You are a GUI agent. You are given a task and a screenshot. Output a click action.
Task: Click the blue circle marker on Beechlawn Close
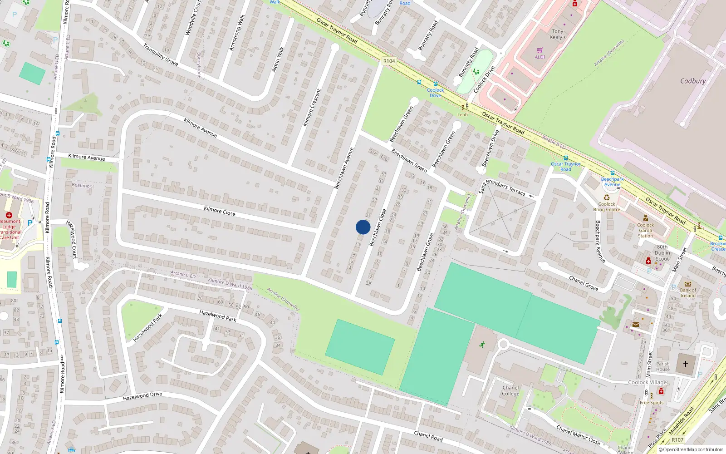point(363,227)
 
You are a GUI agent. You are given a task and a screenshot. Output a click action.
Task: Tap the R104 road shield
point(389,61)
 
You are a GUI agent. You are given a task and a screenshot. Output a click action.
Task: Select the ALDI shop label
point(540,57)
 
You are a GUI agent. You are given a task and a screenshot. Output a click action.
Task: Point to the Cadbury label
point(692,81)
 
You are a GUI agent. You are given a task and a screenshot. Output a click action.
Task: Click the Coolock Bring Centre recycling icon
point(607,197)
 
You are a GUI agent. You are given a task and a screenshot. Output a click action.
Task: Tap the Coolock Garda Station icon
point(646,218)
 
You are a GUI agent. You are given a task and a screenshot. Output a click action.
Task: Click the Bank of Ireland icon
point(687,284)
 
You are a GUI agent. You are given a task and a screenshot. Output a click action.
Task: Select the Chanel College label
point(510,390)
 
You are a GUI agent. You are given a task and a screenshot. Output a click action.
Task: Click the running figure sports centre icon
point(482,344)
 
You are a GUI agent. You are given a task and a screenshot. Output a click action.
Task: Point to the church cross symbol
point(685,364)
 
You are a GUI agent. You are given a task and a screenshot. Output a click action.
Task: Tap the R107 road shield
point(677,439)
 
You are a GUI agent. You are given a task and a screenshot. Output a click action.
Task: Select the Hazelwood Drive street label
point(142,396)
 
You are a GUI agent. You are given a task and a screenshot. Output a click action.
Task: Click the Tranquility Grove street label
point(160,54)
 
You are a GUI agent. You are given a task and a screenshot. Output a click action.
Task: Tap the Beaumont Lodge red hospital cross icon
point(9,215)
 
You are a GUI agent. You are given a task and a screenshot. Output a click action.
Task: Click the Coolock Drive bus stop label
point(435,93)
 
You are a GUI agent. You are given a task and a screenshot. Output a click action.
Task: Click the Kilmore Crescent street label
point(312,108)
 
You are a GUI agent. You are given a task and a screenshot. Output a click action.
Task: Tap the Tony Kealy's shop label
point(557,34)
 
